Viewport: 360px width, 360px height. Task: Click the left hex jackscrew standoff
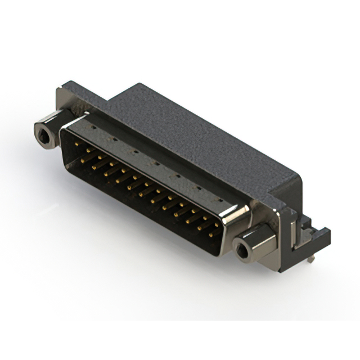click(x=48, y=130)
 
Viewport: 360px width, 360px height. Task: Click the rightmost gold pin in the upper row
click(x=218, y=224)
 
